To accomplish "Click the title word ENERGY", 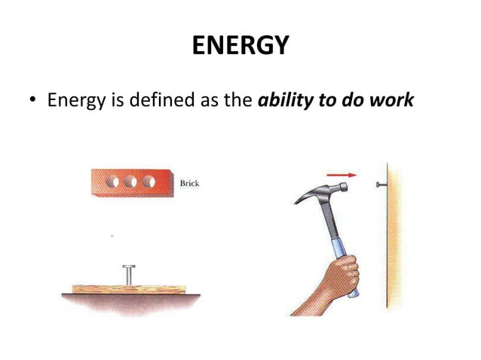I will pos(240,47).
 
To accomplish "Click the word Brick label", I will pos(188,184).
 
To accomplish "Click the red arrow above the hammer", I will pos(342,174).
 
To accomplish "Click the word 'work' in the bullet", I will pos(392,100).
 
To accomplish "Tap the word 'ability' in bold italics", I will pos(283,100).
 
